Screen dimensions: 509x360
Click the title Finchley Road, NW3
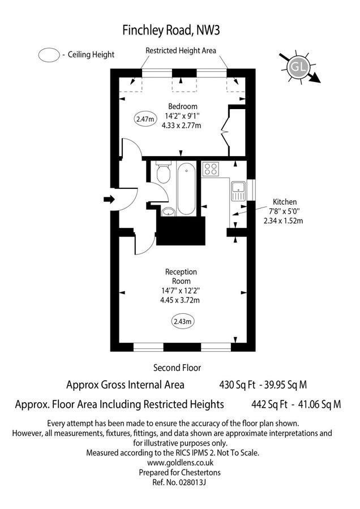(x=179, y=29)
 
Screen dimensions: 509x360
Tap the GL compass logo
(x=297, y=67)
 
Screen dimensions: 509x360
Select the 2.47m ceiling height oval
(x=145, y=119)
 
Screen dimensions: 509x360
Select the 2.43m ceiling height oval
(x=183, y=321)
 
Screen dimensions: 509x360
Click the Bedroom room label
(x=183, y=106)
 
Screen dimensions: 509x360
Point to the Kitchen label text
(x=285, y=201)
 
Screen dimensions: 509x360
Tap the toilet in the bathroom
(x=163, y=172)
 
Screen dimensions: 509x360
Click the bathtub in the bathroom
(x=186, y=189)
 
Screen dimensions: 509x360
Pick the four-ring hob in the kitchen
(x=211, y=169)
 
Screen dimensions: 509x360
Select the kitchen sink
(x=238, y=191)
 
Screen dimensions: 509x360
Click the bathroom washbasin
(x=168, y=212)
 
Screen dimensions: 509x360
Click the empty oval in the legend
(x=49, y=55)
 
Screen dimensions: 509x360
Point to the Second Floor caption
(x=177, y=368)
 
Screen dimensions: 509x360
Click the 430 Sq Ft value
(x=237, y=385)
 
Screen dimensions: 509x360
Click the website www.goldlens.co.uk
(x=179, y=461)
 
